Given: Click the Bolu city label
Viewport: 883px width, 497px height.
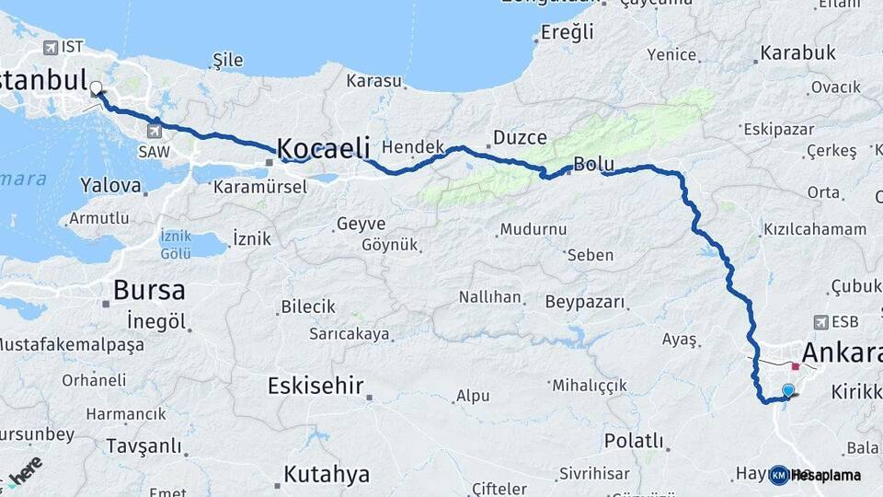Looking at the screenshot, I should tap(593, 165).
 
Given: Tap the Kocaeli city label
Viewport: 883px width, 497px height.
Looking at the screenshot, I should tap(323, 148).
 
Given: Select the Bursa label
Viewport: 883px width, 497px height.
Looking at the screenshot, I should tap(149, 291).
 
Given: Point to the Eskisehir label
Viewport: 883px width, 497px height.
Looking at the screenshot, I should tap(315, 386).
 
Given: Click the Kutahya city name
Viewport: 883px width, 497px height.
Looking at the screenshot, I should tap(327, 475).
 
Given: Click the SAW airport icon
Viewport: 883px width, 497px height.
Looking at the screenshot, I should tap(151, 131).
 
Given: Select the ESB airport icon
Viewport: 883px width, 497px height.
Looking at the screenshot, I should tap(821, 322).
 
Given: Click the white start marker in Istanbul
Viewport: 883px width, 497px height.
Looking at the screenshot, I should tap(96, 89).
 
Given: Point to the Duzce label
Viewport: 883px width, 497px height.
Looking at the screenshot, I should tap(520, 138).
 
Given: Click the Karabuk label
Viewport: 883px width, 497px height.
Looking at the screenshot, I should tap(798, 53).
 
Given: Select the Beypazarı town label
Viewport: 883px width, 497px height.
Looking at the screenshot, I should tap(584, 302).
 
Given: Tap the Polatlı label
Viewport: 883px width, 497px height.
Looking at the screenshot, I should tap(634, 441).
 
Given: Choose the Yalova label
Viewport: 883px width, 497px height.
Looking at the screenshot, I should tap(111, 185).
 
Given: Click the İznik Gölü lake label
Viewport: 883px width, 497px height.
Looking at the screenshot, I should tap(176, 244).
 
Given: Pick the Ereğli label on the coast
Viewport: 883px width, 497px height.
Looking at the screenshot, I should tap(568, 33).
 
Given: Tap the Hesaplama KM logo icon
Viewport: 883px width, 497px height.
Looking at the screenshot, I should tap(778, 475).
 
